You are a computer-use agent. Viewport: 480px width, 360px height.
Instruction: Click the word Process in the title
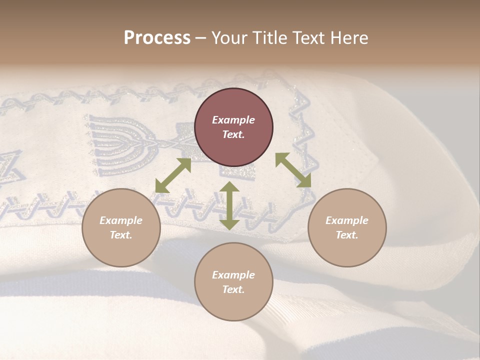coord(157,38)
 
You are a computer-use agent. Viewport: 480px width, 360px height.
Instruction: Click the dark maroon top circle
coord(233,127)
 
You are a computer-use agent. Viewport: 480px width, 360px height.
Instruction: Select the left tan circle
coord(121,227)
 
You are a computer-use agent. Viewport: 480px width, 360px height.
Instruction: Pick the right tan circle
coord(346,227)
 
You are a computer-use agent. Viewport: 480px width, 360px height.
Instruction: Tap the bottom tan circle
coord(233,282)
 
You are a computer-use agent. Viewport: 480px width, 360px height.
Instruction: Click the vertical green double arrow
coord(229,205)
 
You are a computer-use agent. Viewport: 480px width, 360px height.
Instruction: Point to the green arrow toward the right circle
coord(293,170)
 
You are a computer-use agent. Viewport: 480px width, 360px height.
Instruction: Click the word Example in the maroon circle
coord(233,120)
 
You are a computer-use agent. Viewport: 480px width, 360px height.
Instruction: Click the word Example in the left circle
coord(121,220)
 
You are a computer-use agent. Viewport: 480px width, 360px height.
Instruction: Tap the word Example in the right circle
coord(346,220)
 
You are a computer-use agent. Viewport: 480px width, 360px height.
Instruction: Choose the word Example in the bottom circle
coord(233,275)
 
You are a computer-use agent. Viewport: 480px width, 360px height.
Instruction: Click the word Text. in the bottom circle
coord(233,289)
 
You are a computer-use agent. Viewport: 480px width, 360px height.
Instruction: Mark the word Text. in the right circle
coord(346,235)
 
